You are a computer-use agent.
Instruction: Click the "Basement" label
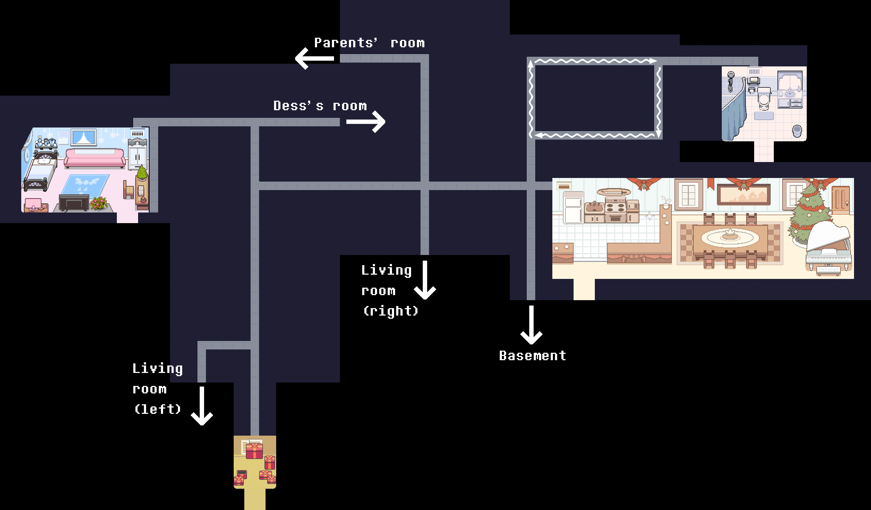(532, 356)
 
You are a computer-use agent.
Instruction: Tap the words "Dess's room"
(320, 106)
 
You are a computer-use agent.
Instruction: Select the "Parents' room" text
(369, 43)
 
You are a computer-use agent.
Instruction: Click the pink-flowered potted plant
(99, 203)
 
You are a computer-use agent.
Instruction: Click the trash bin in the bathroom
(797, 131)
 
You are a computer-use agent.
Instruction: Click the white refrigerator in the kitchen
(573, 207)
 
